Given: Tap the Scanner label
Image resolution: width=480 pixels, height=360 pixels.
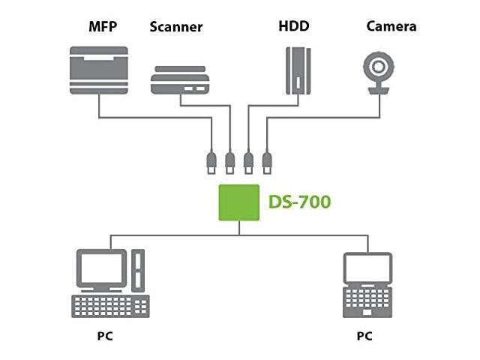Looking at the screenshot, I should (x=176, y=28).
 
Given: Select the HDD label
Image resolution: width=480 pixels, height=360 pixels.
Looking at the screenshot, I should (x=293, y=27).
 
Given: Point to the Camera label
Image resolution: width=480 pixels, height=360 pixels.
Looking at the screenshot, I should (x=391, y=27).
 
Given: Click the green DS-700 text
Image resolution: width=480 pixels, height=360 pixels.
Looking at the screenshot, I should (x=299, y=202).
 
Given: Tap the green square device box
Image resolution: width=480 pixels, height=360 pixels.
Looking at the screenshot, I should (x=239, y=202).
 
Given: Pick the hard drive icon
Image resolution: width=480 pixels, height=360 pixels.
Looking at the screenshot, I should (x=297, y=70).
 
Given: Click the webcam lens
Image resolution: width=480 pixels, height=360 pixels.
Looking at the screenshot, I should (x=379, y=66).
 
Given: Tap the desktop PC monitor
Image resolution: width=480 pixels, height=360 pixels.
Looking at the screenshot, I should (x=101, y=270).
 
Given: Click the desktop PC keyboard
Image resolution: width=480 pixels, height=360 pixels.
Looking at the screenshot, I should (x=110, y=306).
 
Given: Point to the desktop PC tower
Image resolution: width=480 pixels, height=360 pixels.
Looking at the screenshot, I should (x=138, y=269).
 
